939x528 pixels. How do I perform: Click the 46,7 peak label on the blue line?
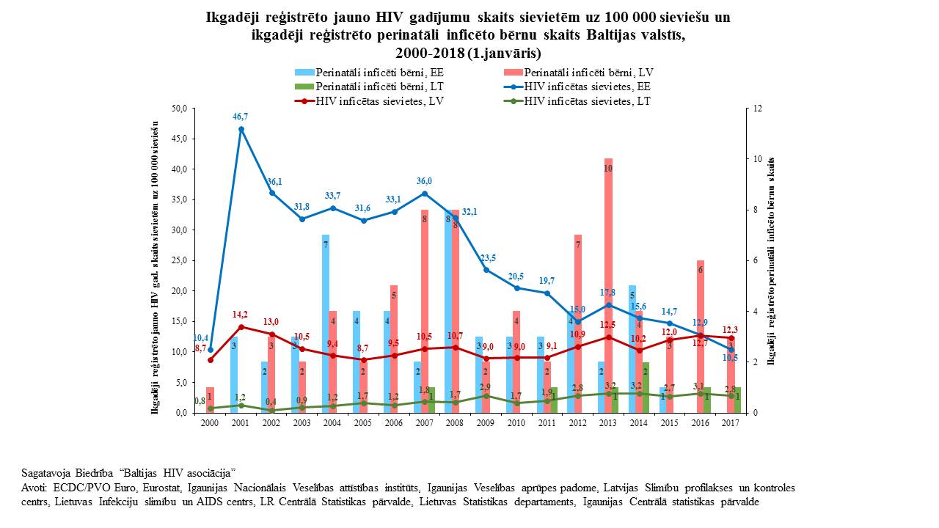(241, 116)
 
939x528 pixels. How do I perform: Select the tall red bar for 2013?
(608, 286)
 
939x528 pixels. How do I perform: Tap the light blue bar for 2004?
(326, 323)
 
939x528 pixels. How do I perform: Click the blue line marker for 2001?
(241, 129)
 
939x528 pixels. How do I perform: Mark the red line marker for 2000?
(211, 359)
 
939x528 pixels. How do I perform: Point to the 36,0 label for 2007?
(424, 181)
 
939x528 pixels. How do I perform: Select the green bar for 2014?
(645, 387)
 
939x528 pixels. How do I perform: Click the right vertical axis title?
(772, 260)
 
